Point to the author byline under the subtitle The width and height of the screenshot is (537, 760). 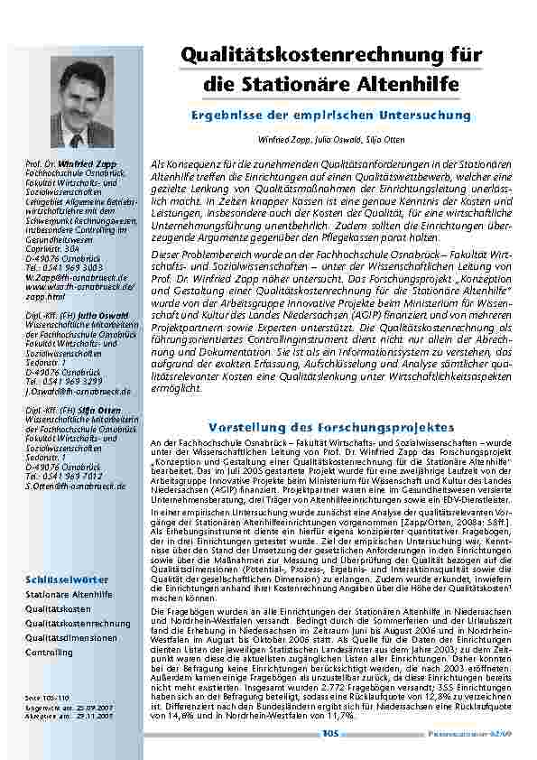click(x=329, y=141)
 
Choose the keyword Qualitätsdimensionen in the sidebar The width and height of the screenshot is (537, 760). click(x=70, y=637)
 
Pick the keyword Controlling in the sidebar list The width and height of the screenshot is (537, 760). click(x=49, y=652)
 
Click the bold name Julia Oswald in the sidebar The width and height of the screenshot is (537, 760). click(x=88, y=315)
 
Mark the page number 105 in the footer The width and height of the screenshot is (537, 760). click(x=329, y=734)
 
